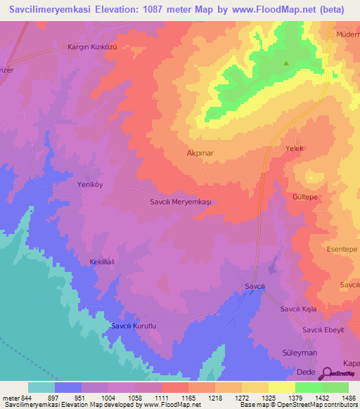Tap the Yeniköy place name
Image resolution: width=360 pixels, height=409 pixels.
click(x=89, y=185)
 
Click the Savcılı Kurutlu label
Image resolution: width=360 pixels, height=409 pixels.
click(x=143, y=326)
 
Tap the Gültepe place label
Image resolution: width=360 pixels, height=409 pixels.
click(x=306, y=198)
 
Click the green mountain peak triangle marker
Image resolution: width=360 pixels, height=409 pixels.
click(x=286, y=63)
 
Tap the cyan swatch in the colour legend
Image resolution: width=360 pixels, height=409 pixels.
click(x=41, y=387)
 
